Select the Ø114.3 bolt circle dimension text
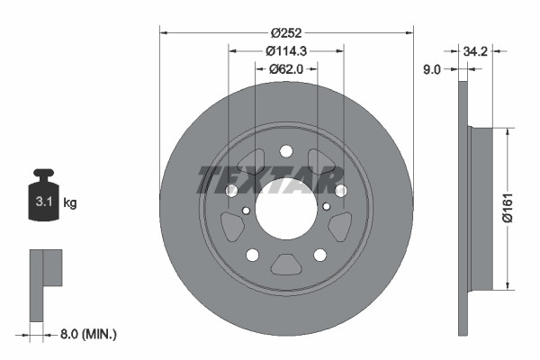pyautogui.click(x=286, y=51)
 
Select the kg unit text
pyautogui.click(x=70, y=203)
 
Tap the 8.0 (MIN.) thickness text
pyautogui.click(x=86, y=334)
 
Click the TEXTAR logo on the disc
pyautogui.click(x=286, y=179)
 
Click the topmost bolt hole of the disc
pyautogui.click(x=286, y=151)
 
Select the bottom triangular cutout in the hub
pyautogui.click(x=286, y=265)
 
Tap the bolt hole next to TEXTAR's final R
pyautogui.click(x=341, y=191)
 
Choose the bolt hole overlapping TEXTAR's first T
pyautogui.click(x=231, y=191)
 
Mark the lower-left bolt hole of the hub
pyautogui.click(x=252, y=256)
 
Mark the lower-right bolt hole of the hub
pyautogui.click(x=320, y=256)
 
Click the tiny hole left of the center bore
pyautogui.click(x=247, y=212)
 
